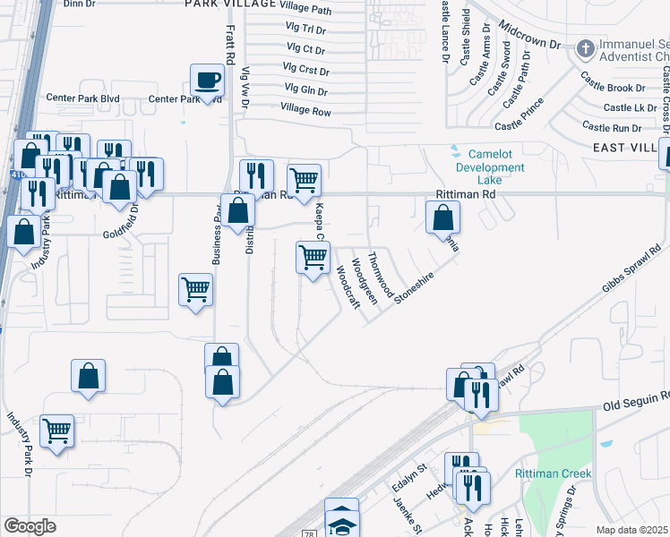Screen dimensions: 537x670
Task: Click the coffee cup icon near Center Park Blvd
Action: point(207,80)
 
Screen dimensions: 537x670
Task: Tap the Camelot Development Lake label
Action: point(489,167)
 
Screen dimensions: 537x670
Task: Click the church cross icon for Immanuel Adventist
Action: point(586,47)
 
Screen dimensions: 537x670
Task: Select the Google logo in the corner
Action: point(30,526)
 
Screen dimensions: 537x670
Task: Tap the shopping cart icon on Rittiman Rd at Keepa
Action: point(305,180)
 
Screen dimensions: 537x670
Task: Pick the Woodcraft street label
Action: point(348,287)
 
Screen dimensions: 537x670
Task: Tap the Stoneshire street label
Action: point(413,288)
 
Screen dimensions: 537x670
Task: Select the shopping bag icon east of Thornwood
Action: point(442,217)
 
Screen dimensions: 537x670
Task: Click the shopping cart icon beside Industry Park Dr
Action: point(56,430)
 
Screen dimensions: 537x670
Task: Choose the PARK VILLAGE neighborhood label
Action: point(227,4)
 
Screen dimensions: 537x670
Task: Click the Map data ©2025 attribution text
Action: point(632,530)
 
